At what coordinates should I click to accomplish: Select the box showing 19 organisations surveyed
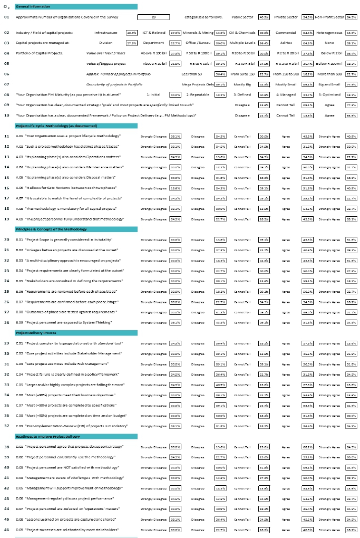pyautogui.click(x=153, y=17)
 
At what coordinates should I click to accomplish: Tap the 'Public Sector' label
pyautogui.click(x=242, y=17)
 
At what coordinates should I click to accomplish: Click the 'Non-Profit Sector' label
pyautogui.click(x=329, y=17)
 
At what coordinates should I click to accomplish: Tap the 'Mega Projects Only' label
pyautogui.click(x=198, y=84)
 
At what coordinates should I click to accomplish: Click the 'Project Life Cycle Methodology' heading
pyautogui.click(x=53, y=126)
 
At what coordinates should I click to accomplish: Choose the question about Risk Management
pyautogui.click(x=71, y=363)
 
